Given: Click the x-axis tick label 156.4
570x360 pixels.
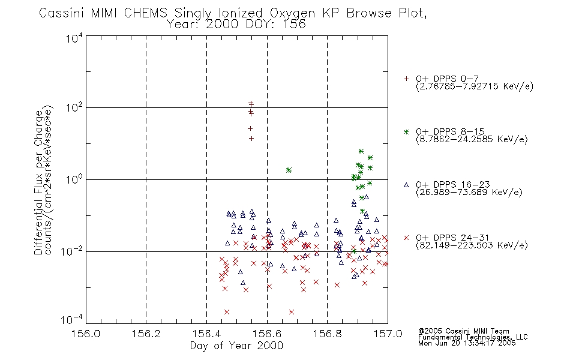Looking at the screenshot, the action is [206, 334].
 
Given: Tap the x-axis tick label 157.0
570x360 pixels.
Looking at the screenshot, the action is [388, 334].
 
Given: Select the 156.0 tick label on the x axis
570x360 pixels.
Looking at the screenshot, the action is [86, 334].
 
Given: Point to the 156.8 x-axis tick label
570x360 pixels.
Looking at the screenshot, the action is [327, 334].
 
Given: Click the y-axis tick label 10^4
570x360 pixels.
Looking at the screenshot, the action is [74, 38].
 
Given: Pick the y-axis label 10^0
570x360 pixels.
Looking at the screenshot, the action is [74, 179].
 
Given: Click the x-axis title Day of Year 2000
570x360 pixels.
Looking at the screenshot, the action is [236, 346].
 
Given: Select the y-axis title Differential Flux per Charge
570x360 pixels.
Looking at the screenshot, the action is [38, 183].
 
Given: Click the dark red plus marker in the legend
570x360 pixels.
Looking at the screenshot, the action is [406, 79].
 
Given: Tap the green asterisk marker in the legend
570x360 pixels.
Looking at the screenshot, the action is [406, 131].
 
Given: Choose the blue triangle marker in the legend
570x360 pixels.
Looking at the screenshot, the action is [406, 185].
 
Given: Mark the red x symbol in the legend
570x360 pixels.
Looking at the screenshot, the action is [406, 238].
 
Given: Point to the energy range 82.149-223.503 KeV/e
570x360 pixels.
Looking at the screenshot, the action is [472, 245].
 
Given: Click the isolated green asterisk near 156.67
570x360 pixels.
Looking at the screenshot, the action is [289, 170].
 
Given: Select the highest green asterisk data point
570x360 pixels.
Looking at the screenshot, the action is [361, 151].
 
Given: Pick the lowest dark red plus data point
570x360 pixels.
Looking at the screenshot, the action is [251, 139].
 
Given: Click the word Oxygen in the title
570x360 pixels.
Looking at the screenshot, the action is [292, 13].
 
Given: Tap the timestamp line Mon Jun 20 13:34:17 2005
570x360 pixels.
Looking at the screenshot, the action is [467, 343].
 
